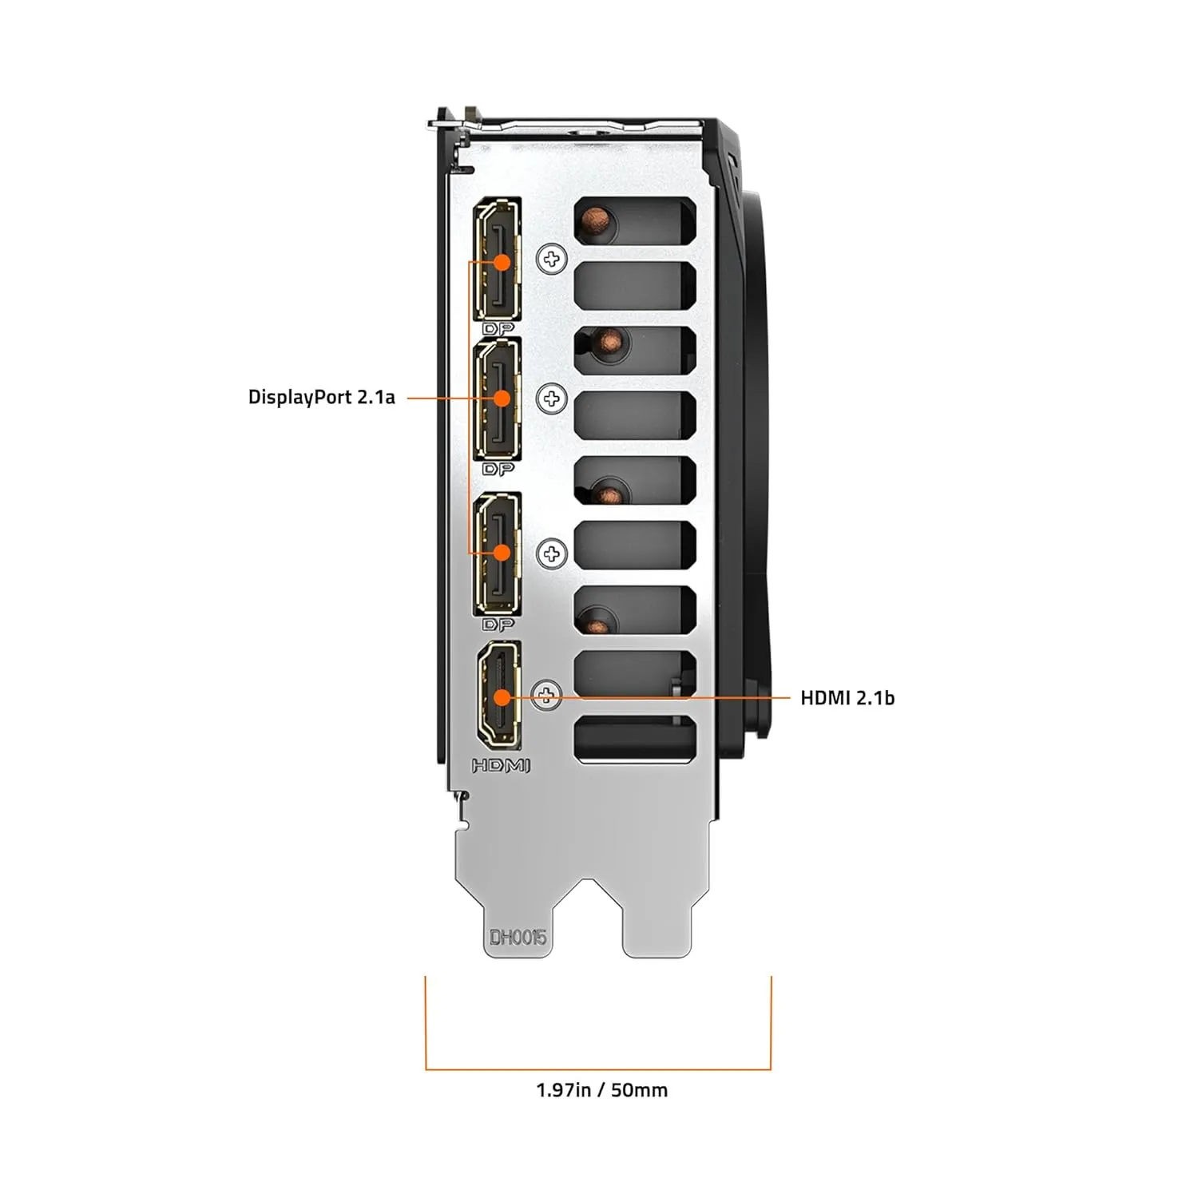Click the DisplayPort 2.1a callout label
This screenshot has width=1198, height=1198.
coord(321,397)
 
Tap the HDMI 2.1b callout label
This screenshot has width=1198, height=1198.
coord(847,697)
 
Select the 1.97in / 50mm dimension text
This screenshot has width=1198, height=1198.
coord(601,1089)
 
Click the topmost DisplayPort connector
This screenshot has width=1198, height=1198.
coord(498,260)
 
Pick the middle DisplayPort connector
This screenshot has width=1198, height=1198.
coord(498,399)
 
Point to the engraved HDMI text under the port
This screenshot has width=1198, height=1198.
coord(501,766)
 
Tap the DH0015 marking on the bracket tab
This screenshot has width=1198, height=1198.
coord(518,937)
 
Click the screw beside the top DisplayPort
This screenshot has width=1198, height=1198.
coord(551,259)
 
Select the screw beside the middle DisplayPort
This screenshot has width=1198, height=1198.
coord(551,399)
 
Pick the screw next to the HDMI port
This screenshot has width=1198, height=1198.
coord(547,695)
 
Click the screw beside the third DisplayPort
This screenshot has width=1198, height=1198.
coord(551,553)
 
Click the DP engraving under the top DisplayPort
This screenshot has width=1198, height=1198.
coord(498,329)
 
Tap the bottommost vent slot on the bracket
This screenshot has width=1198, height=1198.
coord(635,738)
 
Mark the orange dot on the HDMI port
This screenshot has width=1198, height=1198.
coord(502,697)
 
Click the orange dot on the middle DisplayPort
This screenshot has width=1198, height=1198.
coord(502,398)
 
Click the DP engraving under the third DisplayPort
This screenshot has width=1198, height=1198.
coord(498,625)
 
